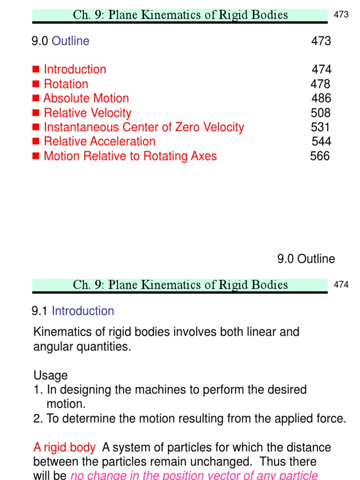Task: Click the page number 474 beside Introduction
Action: (322, 69)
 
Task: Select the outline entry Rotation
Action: (66, 84)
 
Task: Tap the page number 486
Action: (321, 98)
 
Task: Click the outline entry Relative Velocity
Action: (87, 112)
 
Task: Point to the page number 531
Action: (320, 127)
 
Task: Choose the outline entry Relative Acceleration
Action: (99, 141)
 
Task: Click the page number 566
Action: (320, 156)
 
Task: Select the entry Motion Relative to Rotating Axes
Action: (130, 156)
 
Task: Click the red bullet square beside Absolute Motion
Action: (36, 98)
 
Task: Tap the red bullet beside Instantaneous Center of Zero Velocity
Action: (36, 127)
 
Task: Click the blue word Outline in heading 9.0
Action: (70, 41)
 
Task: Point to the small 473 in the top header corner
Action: (341, 15)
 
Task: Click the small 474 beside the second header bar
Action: (341, 285)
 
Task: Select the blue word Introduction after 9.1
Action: (82, 311)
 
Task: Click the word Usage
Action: (50, 375)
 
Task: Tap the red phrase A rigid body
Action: (64, 448)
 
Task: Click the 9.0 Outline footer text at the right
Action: (306, 259)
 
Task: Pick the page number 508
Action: (321, 112)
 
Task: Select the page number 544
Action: (321, 141)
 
